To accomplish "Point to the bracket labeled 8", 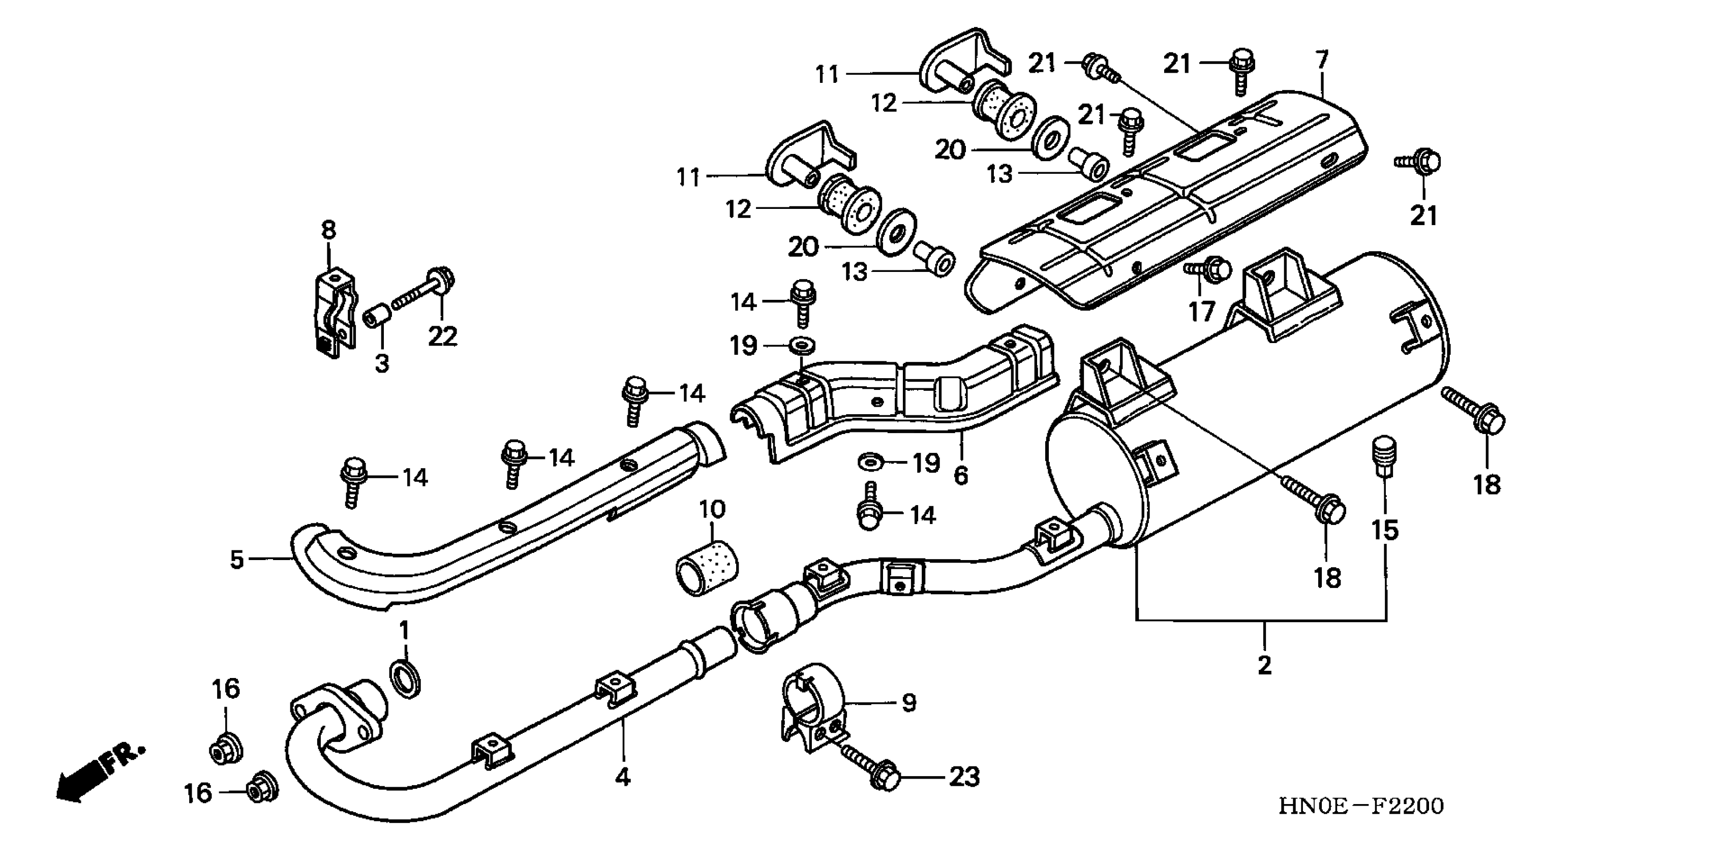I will (x=334, y=312).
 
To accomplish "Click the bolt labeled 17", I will (x=1209, y=269).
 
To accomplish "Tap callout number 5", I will (x=236, y=559).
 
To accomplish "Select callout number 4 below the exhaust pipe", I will (x=623, y=778).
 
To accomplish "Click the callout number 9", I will (x=908, y=703).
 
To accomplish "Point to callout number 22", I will (x=443, y=335).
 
